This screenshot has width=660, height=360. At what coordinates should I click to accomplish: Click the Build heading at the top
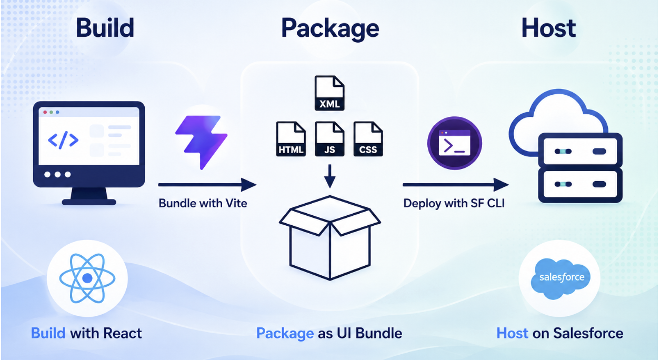[x=105, y=28]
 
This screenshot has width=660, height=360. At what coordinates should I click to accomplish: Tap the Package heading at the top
[x=330, y=29]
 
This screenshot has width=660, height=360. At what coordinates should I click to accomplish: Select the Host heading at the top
[x=548, y=28]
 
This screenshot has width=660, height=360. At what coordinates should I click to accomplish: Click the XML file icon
[x=329, y=93]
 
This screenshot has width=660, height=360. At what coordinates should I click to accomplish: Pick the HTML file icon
[x=291, y=139]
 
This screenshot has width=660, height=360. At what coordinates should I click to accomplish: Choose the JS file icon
[x=329, y=139]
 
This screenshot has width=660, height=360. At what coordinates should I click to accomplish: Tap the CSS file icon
[x=368, y=139]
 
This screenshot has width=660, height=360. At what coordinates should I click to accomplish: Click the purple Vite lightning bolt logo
[x=201, y=142]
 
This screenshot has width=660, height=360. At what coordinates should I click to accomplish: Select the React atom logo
[x=87, y=278]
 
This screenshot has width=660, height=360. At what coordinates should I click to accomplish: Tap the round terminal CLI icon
[x=455, y=143]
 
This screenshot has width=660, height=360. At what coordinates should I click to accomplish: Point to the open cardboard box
[x=330, y=237]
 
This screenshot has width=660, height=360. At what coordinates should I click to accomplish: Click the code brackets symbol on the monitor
[x=63, y=140]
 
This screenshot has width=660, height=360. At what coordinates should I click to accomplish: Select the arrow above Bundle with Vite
[x=207, y=185]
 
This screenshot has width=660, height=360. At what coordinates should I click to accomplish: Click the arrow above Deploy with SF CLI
[x=456, y=185]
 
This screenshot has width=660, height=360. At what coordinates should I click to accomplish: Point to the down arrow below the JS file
[x=329, y=176]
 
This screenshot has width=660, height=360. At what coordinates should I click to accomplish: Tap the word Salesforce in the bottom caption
[x=588, y=334]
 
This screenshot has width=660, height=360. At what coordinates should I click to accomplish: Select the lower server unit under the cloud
[x=580, y=185]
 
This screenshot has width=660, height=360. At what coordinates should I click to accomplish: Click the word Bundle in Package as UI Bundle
[x=379, y=334]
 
